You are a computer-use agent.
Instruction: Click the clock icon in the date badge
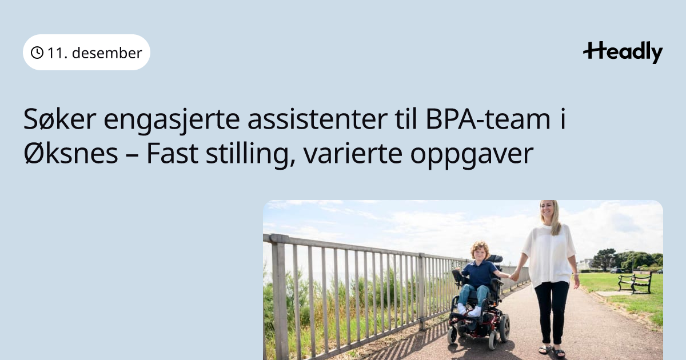click(x=37, y=53)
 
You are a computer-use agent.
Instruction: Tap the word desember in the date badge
click(x=107, y=53)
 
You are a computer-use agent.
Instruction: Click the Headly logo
click(x=623, y=53)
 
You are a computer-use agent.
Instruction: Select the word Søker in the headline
click(x=59, y=119)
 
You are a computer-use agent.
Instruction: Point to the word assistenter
click(x=317, y=119)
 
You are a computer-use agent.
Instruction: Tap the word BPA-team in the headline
click(x=488, y=119)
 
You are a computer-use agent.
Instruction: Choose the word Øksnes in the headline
click(x=71, y=153)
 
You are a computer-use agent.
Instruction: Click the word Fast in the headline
click(x=172, y=153)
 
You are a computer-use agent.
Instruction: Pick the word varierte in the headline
click(x=353, y=153)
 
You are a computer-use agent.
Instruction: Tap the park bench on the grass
click(x=635, y=282)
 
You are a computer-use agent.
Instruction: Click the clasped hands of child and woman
click(x=514, y=276)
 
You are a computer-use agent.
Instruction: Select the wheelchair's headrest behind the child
click(x=494, y=259)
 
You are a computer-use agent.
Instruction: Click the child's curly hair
click(x=480, y=247)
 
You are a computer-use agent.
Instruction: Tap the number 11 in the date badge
click(x=55, y=53)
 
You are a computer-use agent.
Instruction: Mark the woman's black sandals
click(x=551, y=351)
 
